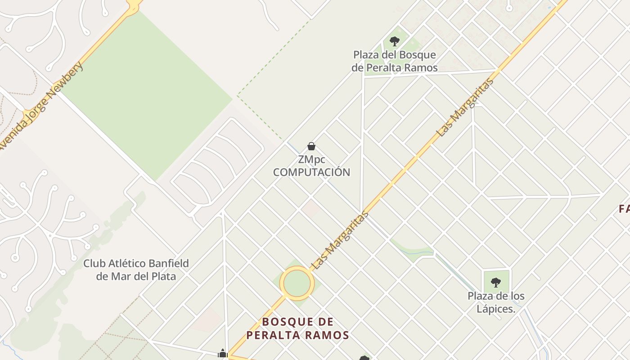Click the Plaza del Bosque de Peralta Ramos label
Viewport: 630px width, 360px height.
pyautogui.click(x=395, y=61)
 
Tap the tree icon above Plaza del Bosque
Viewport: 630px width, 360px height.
pyautogui.click(x=395, y=41)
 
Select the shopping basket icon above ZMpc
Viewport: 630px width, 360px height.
pyautogui.click(x=311, y=146)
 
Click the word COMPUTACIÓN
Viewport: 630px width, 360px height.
pyautogui.click(x=311, y=172)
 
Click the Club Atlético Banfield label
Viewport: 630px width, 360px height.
pyautogui.click(x=136, y=270)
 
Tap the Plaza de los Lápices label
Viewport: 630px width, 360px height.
pyautogui.click(x=496, y=302)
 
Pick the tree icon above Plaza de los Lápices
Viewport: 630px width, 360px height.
pyautogui.click(x=496, y=283)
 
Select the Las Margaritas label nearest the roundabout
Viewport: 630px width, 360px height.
pyautogui.click(x=340, y=240)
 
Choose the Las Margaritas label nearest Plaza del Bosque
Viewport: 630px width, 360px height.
pyautogui.click(x=465, y=108)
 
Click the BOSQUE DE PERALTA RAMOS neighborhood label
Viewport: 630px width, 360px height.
pyautogui.click(x=298, y=328)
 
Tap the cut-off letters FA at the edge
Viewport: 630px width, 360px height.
pyautogui.click(x=624, y=209)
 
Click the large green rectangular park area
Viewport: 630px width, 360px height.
pyautogui.click(x=148, y=94)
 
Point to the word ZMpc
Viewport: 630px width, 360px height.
pyautogui.click(x=311, y=160)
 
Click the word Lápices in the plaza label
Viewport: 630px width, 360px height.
pyautogui.click(x=496, y=309)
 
